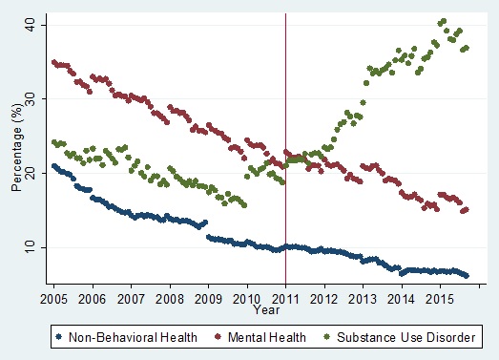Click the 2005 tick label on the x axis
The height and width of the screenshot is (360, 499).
tap(53, 298)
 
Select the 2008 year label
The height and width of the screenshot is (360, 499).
tap(170, 298)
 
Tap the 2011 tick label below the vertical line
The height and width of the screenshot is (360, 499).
tap(285, 298)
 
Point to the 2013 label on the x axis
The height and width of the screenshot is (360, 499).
tap(363, 298)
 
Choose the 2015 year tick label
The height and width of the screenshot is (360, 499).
tap(440, 298)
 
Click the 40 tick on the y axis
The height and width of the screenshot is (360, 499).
tap(31, 23)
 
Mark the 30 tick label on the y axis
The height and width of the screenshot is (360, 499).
tap(31, 97)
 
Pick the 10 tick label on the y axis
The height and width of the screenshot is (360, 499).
tap(31, 247)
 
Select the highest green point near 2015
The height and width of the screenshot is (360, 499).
tap(443, 21)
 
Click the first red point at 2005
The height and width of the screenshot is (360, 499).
tap(53, 62)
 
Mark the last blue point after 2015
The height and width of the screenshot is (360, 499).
tap(467, 275)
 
